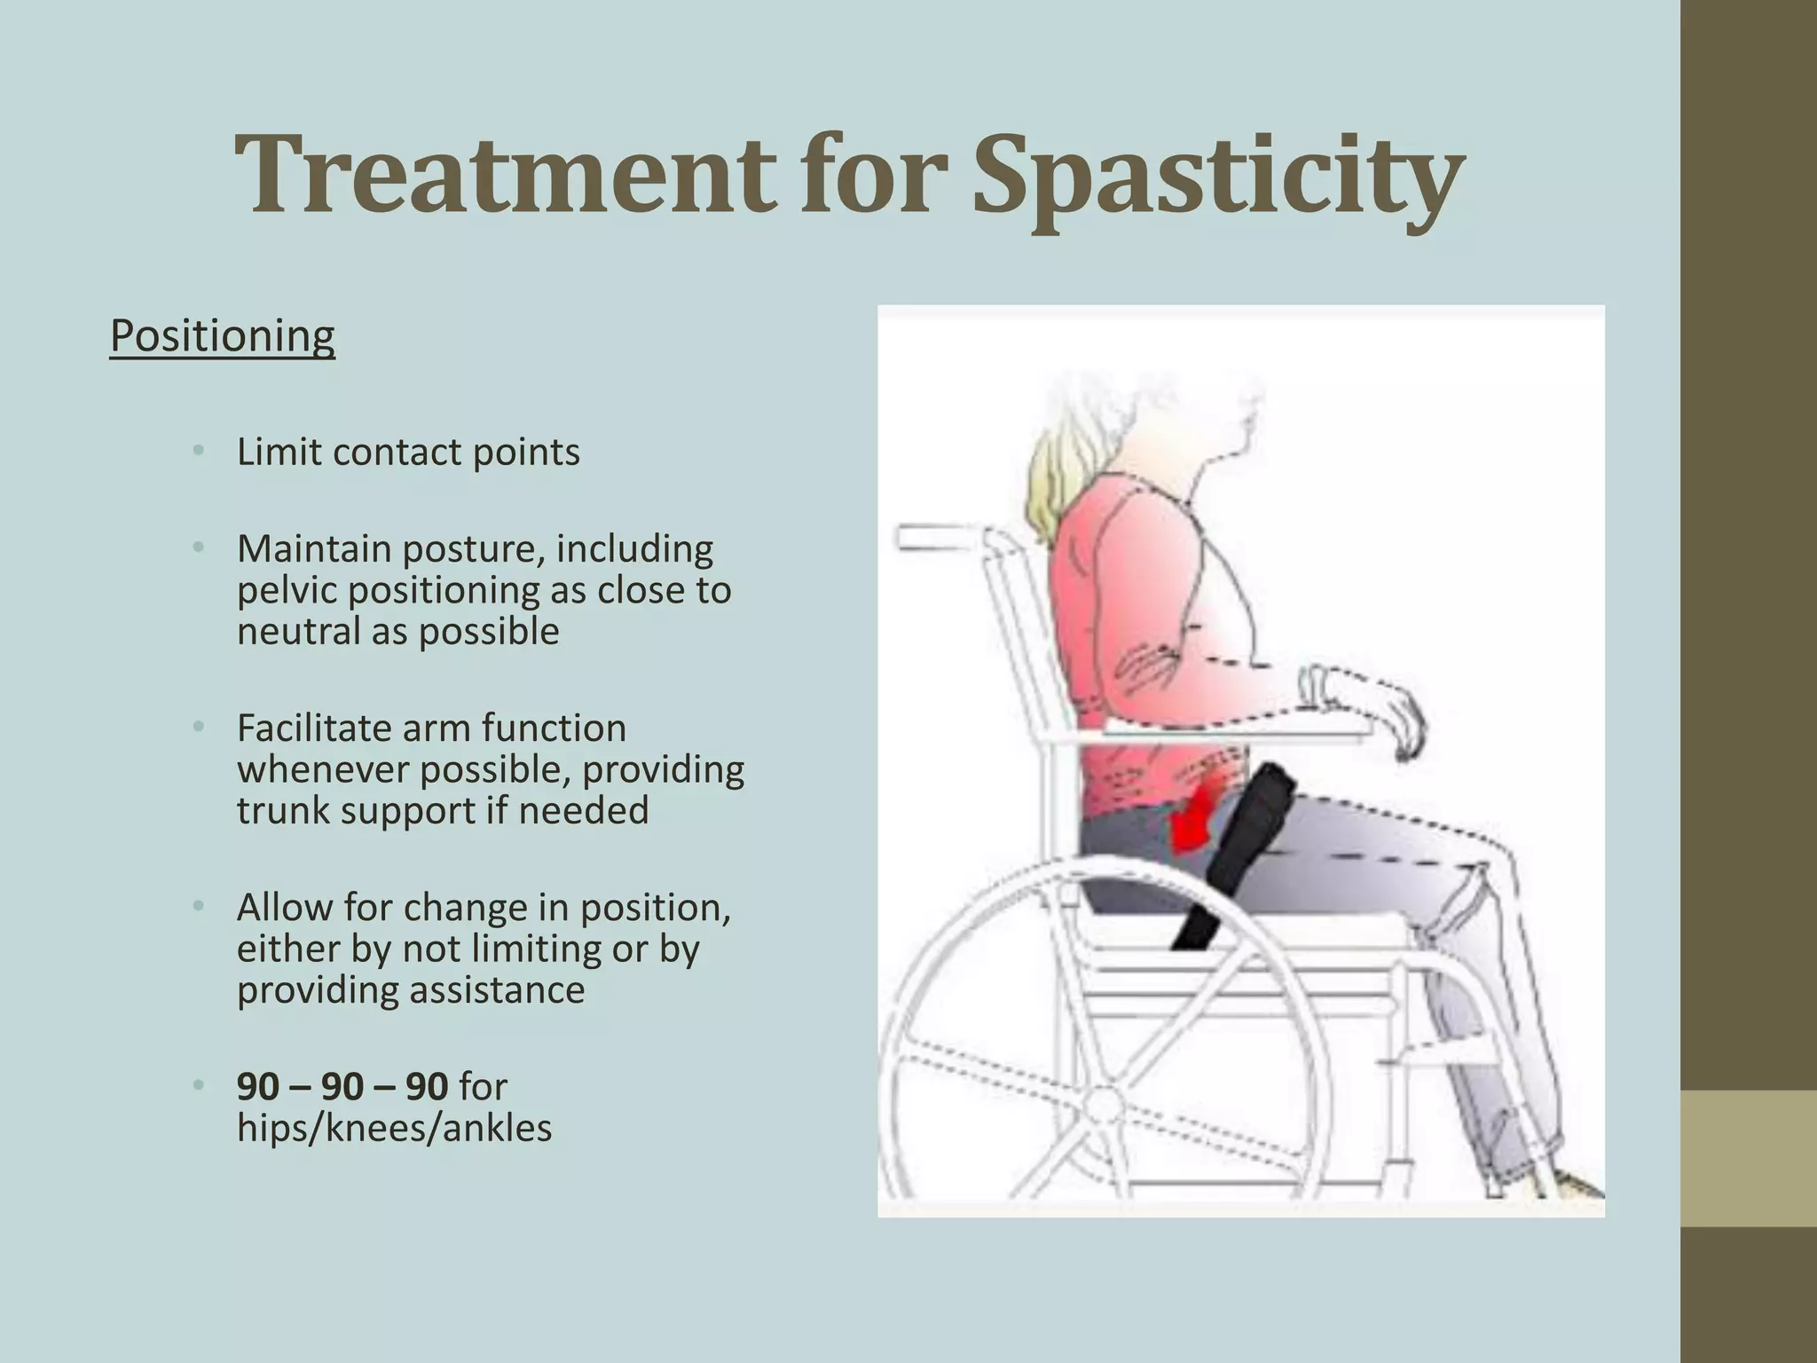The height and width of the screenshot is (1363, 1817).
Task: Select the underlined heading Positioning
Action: (x=222, y=335)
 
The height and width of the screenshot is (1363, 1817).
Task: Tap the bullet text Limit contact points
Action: (x=408, y=453)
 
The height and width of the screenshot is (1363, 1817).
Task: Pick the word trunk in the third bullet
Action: (x=282, y=811)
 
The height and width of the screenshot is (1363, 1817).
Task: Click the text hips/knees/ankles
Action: (x=394, y=1129)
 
